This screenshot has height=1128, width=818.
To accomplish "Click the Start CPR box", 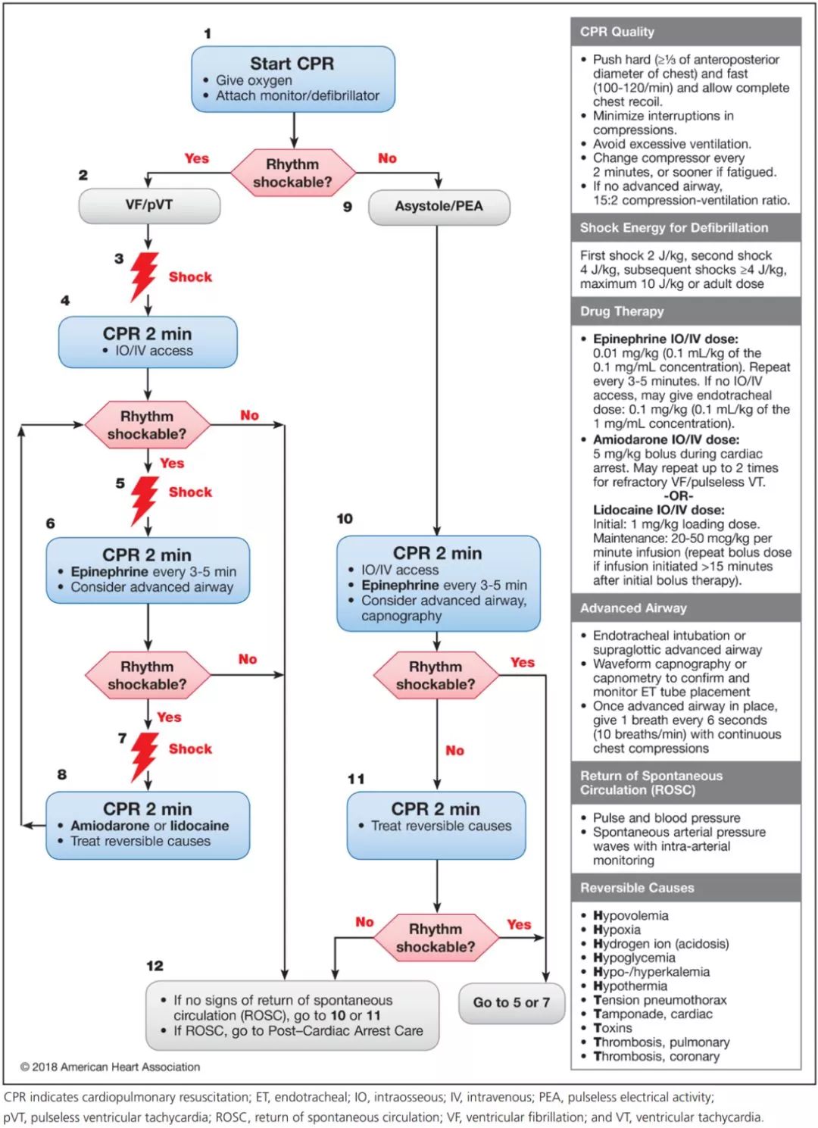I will click(x=292, y=79).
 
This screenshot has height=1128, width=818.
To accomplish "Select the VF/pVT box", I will click(x=149, y=205).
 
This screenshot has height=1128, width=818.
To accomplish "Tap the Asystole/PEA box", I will click(x=439, y=206).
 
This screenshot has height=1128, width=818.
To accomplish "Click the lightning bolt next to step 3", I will click(x=144, y=276).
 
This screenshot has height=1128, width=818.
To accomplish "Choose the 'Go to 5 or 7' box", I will click(x=511, y=1002).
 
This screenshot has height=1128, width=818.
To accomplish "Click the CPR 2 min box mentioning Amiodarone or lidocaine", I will click(x=148, y=825).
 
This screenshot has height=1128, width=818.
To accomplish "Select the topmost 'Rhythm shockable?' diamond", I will click(x=292, y=173).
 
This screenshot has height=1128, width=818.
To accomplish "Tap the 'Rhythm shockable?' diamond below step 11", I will click(x=436, y=937).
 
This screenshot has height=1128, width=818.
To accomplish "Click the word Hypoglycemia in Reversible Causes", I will click(x=634, y=958).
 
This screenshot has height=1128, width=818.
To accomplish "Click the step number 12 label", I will click(x=155, y=965).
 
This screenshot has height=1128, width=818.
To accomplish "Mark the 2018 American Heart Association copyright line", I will click(x=111, y=1067).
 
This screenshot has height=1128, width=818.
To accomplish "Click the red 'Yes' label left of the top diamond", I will click(x=196, y=158).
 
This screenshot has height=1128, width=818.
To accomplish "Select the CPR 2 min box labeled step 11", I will click(x=436, y=825).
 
